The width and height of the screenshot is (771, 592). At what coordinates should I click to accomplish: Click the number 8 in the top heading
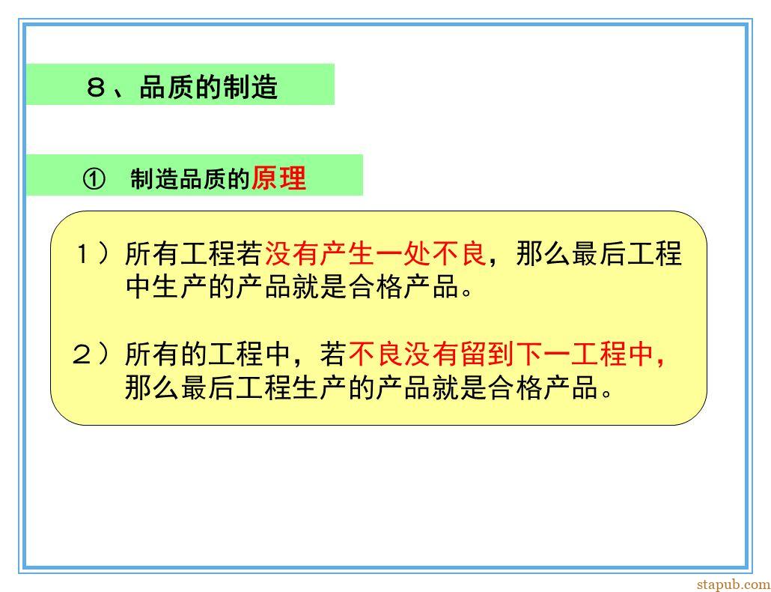[96, 88]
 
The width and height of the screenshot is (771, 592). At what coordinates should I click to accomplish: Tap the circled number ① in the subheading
[94, 179]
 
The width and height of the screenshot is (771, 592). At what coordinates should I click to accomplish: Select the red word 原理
[278, 178]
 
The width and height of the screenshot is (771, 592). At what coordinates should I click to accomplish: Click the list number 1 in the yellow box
[82, 254]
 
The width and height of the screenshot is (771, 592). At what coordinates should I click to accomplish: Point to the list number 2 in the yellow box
[82, 354]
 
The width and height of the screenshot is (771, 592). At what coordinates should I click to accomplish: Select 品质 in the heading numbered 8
[167, 87]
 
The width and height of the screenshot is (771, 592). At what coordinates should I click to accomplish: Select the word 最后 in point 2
[208, 387]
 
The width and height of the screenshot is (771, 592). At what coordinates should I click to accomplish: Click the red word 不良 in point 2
[376, 354]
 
